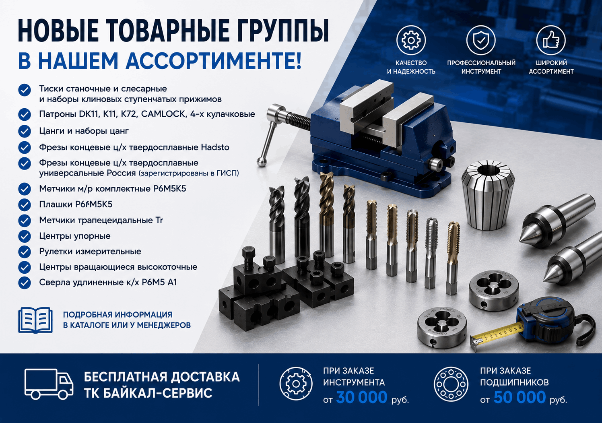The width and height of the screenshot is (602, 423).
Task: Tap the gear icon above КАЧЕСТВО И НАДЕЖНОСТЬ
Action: pos(411,40)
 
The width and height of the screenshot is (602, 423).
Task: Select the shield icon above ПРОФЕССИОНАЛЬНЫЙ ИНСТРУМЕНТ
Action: pos(481,40)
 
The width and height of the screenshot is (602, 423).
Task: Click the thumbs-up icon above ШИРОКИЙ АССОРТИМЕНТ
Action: pos(551,40)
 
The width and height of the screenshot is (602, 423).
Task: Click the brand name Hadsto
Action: pos(215,147)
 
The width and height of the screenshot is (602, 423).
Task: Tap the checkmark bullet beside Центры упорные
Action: pos(25,236)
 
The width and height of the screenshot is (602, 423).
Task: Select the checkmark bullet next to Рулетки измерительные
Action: pos(25,252)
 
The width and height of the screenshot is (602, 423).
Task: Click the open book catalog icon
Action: pos(35,320)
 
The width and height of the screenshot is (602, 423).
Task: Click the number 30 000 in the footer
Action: pos(362,398)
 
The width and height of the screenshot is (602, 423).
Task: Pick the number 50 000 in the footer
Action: pos(520,398)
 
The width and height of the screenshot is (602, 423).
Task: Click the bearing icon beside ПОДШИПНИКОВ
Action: pos(451,384)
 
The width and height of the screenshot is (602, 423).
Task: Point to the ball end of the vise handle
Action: pos(261,162)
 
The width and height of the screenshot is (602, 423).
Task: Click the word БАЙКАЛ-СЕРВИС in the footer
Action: pos(148,393)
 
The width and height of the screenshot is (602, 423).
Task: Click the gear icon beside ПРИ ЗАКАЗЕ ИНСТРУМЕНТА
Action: pos(296,384)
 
